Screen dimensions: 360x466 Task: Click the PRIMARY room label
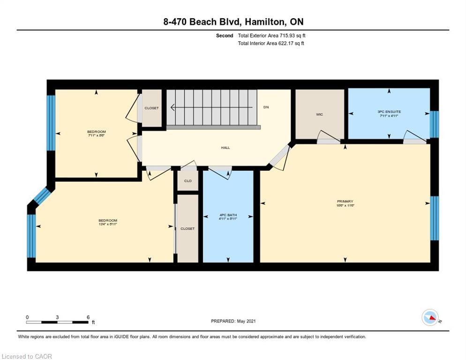(x=345, y=203)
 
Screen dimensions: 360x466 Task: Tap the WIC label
(x=319, y=114)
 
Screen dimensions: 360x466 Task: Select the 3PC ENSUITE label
(x=389, y=113)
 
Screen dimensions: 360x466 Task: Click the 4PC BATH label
(x=228, y=217)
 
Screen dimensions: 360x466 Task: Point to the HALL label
(x=225, y=148)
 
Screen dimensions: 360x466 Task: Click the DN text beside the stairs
(x=266, y=107)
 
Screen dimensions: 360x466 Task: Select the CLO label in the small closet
(x=188, y=181)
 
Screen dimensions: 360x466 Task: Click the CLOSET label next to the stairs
(x=151, y=108)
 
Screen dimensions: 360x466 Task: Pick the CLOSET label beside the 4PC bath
(x=188, y=229)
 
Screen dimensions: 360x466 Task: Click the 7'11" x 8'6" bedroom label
(x=96, y=134)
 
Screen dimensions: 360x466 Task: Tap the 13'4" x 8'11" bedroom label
(x=107, y=222)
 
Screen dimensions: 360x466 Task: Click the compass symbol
(x=430, y=317)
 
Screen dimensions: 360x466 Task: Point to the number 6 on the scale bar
(x=88, y=317)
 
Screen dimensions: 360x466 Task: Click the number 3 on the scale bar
(x=57, y=317)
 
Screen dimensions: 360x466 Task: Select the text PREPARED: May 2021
(x=233, y=321)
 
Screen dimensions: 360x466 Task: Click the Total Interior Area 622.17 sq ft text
(x=271, y=44)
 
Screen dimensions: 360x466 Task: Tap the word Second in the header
(x=225, y=36)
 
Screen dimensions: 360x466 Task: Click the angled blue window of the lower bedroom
(x=42, y=196)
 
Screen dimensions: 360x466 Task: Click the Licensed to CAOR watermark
(x=27, y=356)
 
